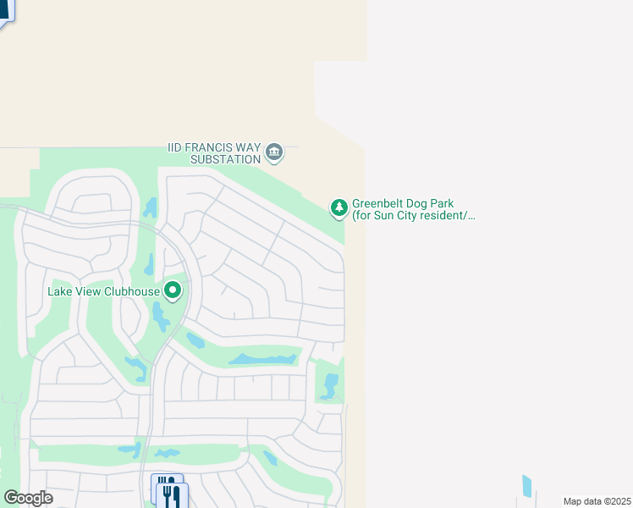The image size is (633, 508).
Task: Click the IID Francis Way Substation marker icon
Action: click(274, 152)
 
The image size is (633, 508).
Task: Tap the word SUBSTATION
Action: click(225, 159)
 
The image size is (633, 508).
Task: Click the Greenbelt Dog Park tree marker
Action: click(339, 207)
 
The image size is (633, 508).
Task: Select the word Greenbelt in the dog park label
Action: click(378, 204)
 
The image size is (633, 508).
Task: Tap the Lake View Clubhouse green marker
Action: click(173, 291)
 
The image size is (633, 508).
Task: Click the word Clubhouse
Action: click(132, 292)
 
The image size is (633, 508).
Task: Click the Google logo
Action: click(28, 498)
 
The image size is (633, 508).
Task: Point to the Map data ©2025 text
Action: click(596, 501)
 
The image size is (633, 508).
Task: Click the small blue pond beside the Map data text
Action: click(527, 486)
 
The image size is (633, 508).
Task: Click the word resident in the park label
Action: click(445, 216)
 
